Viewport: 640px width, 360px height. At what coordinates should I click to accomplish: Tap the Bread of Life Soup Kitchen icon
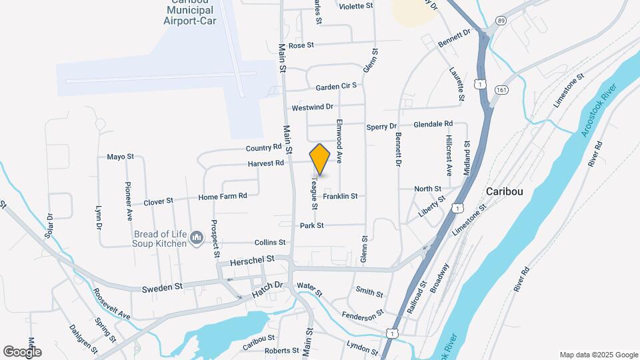coord(196,238)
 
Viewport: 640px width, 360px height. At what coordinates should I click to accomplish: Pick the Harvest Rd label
coord(266,163)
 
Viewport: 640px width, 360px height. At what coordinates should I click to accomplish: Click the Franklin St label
coord(340,196)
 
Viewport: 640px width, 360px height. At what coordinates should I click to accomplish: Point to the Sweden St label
coord(162,287)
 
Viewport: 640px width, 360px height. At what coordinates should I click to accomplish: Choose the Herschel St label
coord(252,258)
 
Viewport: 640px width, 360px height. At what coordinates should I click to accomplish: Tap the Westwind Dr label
coord(312,107)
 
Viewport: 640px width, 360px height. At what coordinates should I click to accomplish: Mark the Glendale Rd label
coord(433,124)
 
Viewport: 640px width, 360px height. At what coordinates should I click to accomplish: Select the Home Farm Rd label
coord(223,196)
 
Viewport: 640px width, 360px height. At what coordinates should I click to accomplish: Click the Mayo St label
coord(120,157)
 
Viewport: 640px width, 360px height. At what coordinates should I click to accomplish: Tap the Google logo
coord(22,351)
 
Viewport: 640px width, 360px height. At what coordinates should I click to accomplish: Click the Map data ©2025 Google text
coord(599,355)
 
